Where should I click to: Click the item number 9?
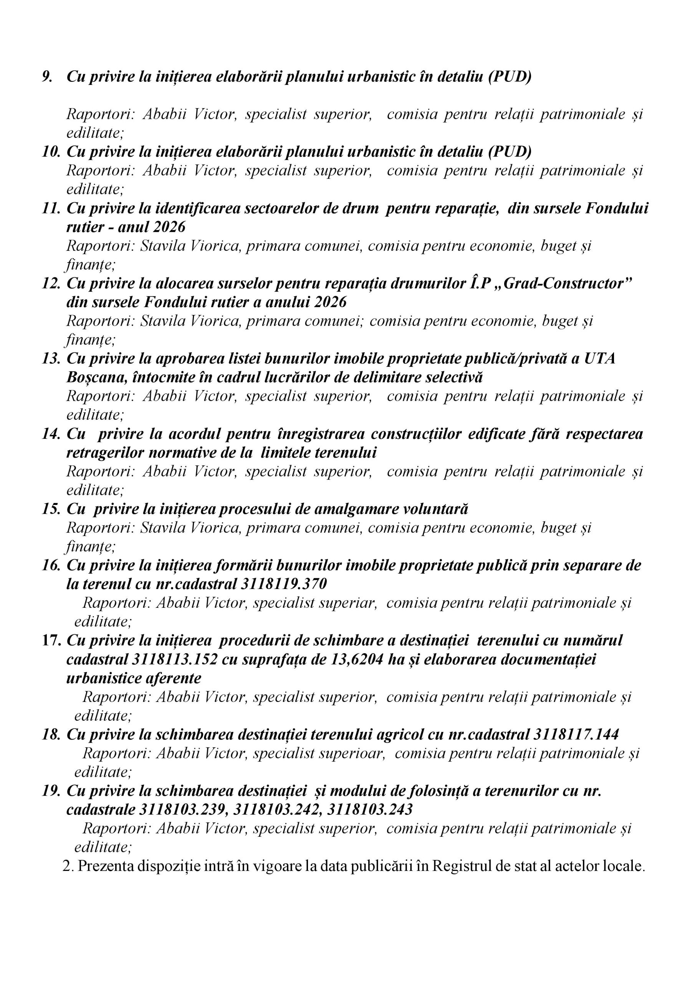[47, 77]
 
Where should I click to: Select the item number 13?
[51, 359]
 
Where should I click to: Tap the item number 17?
[51, 641]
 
